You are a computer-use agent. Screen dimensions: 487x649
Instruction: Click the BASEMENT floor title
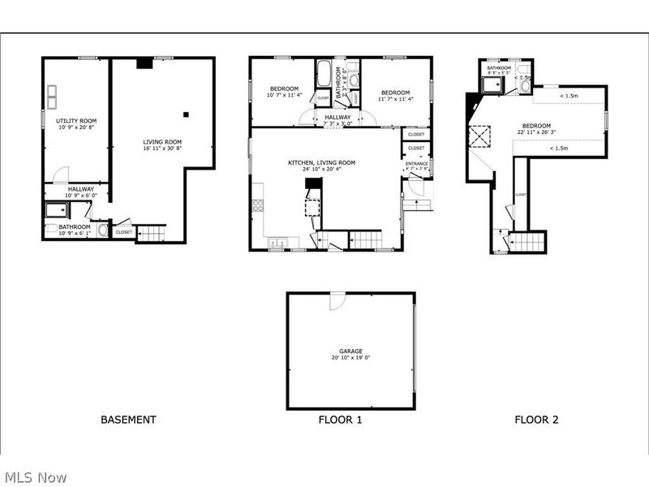click(128, 420)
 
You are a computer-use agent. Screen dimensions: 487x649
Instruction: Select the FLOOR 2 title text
click(536, 420)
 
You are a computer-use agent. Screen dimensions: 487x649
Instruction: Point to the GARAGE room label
click(351, 351)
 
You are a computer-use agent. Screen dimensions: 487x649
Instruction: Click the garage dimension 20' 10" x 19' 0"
click(351, 358)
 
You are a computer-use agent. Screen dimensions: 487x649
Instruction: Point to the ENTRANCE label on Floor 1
click(417, 164)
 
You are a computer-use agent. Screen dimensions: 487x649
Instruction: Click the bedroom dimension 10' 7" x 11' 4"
click(284, 96)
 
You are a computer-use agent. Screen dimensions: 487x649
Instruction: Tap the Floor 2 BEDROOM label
click(536, 126)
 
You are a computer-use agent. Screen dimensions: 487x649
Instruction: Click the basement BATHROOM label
click(74, 226)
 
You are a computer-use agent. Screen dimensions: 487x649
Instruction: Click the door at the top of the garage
click(336, 300)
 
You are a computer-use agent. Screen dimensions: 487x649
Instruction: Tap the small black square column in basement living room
click(186, 115)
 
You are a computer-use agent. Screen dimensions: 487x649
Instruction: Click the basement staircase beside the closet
click(151, 234)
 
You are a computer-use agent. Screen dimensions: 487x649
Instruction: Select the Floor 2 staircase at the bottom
click(531, 242)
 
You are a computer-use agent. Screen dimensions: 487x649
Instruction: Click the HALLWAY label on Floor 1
click(338, 117)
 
